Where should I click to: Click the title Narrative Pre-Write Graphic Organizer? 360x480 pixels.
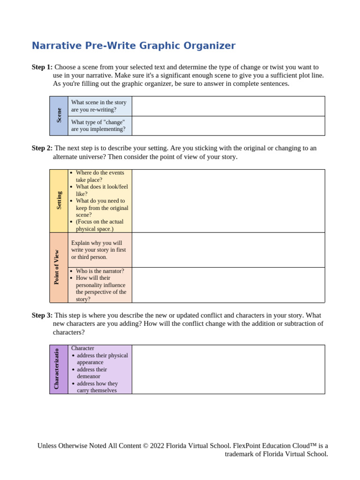point(134,46)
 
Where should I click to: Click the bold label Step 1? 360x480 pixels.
point(42,67)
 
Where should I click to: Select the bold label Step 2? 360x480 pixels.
point(42,148)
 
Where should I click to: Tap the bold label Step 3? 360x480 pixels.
point(42,315)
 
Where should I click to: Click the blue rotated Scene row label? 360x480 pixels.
point(59,116)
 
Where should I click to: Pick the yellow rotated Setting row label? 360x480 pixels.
point(59,201)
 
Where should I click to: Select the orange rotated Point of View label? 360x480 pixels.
point(57,267)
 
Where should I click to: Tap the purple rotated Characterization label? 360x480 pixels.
point(57,369)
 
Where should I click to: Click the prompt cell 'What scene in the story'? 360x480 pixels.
point(99,106)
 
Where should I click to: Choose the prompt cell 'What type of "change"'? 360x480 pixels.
point(98,126)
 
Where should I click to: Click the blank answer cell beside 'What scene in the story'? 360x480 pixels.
point(228,106)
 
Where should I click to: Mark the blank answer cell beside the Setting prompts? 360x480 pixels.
point(228,201)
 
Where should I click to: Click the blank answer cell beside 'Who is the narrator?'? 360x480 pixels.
point(228,285)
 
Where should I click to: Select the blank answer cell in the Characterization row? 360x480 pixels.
point(228,369)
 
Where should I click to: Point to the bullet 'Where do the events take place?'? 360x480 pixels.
point(99,176)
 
